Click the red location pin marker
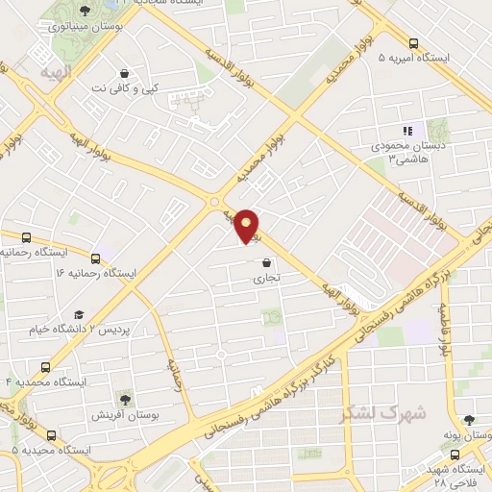248,225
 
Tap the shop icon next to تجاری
264,262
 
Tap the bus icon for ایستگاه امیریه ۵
413,43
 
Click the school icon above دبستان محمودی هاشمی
406,131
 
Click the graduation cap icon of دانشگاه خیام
79,314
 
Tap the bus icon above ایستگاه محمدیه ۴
45,367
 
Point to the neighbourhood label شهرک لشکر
372,413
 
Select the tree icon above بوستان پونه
468,420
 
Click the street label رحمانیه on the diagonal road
171,373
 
